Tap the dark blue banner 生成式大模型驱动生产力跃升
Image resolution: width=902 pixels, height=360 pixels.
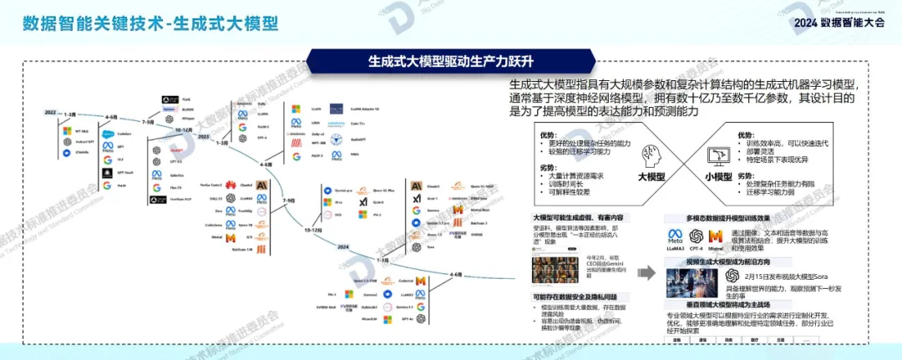(450, 61)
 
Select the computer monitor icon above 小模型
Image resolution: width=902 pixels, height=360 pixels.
(716, 155)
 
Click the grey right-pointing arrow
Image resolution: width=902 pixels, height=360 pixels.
(646, 272)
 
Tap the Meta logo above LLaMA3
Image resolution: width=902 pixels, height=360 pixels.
(676, 236)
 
